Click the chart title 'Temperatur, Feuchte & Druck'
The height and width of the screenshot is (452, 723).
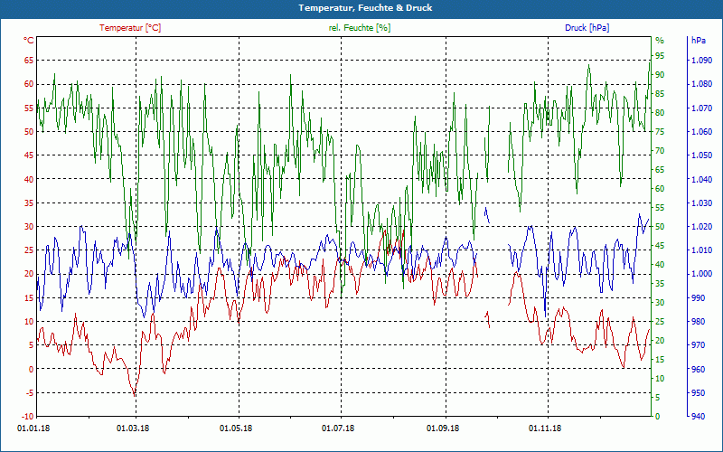point(361,7)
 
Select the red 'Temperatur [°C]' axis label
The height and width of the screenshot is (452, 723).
point(130,28)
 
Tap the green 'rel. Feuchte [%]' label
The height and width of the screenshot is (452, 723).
point(359,28)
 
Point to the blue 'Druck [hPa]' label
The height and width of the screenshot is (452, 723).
point(587,28)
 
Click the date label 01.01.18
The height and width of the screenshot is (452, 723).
point(33,428)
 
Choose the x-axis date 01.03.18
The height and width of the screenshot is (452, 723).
point(134,428)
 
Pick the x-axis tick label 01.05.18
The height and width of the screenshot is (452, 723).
point(237,428)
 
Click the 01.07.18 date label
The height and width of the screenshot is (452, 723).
point(340,428)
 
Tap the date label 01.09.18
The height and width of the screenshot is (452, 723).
point(445,428)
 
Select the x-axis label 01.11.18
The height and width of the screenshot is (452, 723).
point(546,428)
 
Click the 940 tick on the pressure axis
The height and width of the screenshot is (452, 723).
point(699,417)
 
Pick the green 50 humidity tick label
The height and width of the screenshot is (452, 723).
point(660,227)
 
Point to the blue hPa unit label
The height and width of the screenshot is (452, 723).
point(699,41)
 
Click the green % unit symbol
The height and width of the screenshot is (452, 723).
point(660,41)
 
